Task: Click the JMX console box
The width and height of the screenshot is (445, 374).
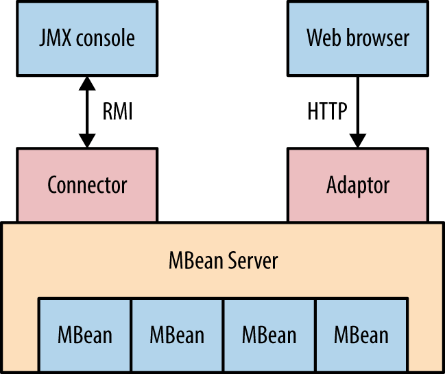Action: coord(87,37)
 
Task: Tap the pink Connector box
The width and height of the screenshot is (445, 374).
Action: coord(87,185)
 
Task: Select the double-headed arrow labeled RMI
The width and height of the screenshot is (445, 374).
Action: coord(87,111)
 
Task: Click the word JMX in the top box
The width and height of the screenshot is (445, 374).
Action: coord(55,37)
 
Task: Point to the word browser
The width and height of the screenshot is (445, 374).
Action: coord(376,37)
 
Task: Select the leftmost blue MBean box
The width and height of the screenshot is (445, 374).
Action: coord(84,334)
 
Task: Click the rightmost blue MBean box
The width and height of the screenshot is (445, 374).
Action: coord(361,334)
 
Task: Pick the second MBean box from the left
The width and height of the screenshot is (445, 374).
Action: coord(177,334)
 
